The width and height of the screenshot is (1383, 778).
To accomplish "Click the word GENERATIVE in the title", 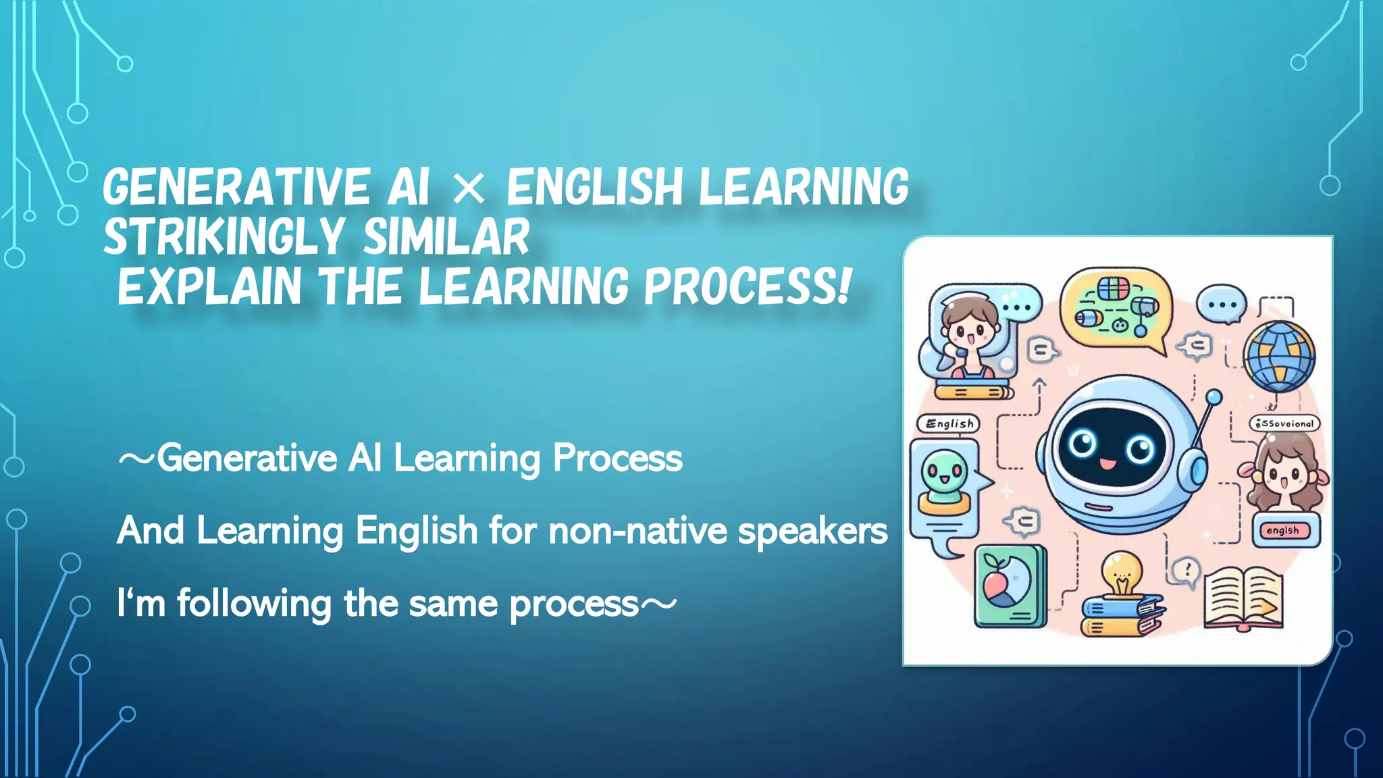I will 236,187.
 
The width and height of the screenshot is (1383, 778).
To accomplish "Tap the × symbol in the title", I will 469,188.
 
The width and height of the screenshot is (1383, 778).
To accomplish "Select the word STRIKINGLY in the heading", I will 225,237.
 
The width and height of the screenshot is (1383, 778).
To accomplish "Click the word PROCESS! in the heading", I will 747,286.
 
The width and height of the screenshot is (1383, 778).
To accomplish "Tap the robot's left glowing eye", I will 1082,444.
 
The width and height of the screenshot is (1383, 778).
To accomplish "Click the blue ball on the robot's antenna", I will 1214,396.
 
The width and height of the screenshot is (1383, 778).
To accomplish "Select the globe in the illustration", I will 1279,356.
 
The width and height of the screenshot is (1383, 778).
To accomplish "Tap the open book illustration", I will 1243,598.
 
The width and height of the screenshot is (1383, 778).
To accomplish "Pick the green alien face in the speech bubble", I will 944,473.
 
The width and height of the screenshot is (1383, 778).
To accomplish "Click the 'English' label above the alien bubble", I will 948,423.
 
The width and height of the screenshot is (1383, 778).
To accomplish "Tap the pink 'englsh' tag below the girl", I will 1282,530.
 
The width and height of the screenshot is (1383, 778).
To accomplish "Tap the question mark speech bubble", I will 1185,570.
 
